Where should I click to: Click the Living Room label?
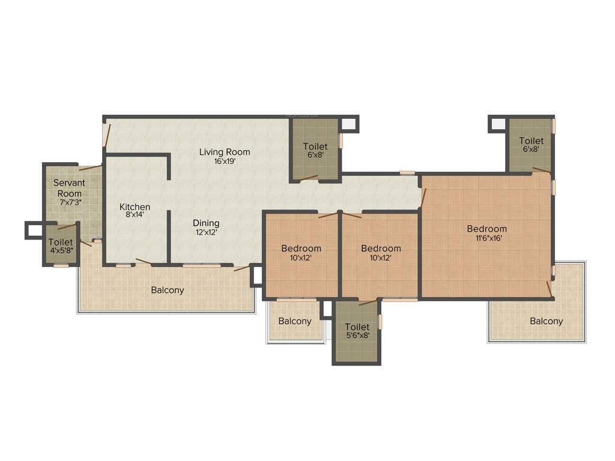click(225, 152)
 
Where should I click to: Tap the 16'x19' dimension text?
click(225, 161)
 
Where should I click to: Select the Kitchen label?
click(135, 207)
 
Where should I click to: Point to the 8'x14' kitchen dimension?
click(135, 215)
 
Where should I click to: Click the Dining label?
click(205, 223)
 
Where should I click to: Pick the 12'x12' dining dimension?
click(205, 232)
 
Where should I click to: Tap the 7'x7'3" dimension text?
click(69, 203)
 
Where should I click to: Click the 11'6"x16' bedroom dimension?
click(486, 238)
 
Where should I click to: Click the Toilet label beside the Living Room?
click(315, 146)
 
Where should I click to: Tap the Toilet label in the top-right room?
click(531, 141)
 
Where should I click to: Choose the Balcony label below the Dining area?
click(167, 290)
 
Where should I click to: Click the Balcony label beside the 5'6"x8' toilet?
click(295, 321)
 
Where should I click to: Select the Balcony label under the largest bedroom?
click(546, 321)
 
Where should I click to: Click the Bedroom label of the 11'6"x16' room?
click(486, 229)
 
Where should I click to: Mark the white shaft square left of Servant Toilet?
click(32, 230)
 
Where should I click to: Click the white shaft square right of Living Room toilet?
click(349, 124)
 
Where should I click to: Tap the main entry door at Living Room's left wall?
click(106, 135)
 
